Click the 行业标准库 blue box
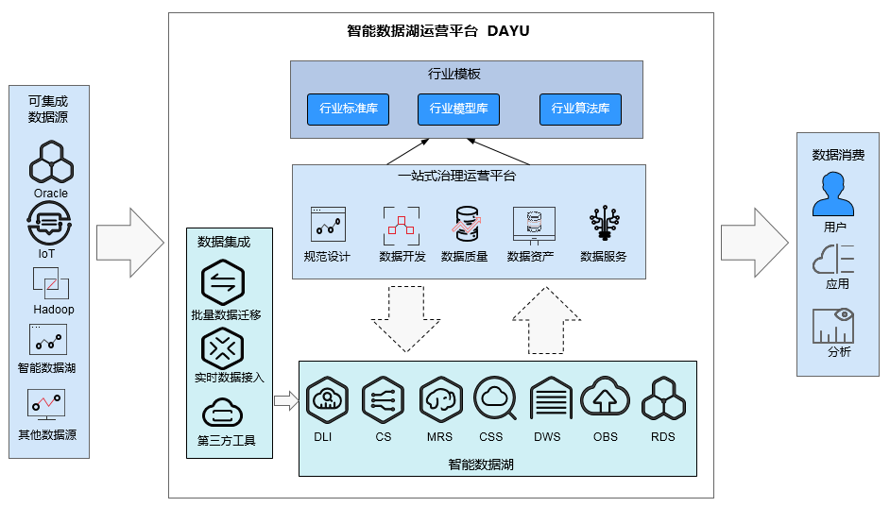349,110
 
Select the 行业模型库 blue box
458,110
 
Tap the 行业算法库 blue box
580,110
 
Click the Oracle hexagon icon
51,162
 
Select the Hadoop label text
54,310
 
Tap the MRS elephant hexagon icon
439,399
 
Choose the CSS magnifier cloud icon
494,398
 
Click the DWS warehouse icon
549,399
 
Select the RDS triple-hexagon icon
663,399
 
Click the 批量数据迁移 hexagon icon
223,282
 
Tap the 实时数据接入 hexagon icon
223,348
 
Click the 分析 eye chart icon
833,325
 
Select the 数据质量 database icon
465,226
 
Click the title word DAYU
508,31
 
